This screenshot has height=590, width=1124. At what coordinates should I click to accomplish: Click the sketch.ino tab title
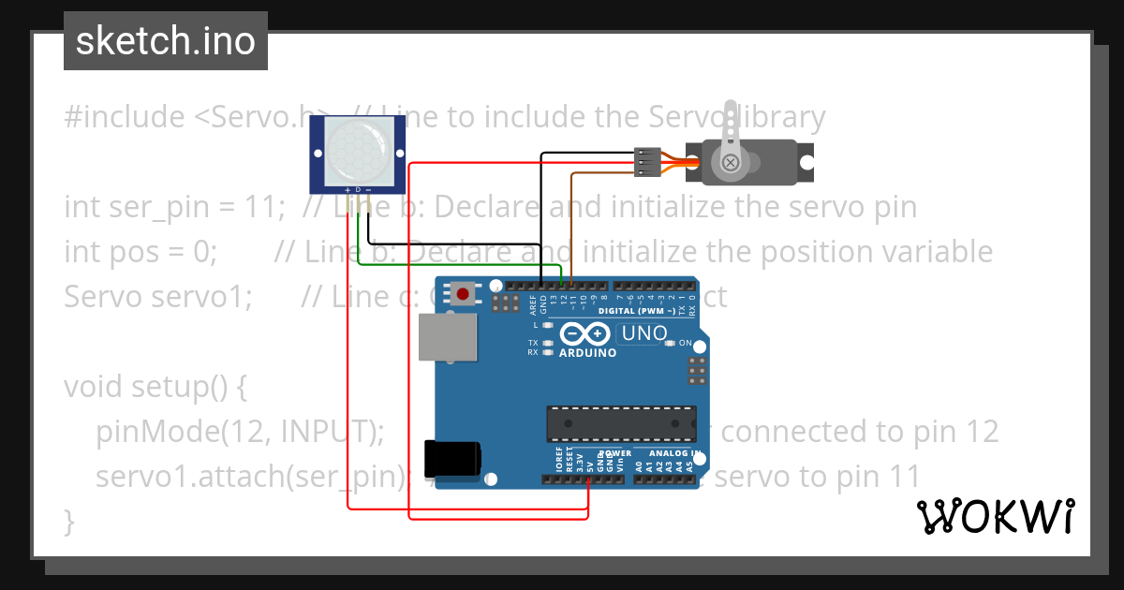(165, 41)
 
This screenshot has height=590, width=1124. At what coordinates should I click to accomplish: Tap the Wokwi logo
(995, 516)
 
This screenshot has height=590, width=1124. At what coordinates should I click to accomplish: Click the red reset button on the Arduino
(461, 294)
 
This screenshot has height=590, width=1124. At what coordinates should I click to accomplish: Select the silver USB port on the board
(445, 337)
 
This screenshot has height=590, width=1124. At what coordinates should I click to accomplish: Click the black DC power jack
(452, 459)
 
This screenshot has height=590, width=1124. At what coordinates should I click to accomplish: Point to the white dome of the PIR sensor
(357, 149)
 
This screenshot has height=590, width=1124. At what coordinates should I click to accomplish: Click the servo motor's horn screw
(730, 164)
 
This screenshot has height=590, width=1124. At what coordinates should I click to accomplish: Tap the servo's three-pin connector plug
(647, 162)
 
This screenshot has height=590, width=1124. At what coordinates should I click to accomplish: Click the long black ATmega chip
(621, 422)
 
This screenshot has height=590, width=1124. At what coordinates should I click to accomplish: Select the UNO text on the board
(644, 332)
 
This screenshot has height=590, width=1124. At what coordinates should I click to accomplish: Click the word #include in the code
(125, 117)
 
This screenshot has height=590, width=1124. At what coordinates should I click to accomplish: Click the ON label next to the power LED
(685, 343)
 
